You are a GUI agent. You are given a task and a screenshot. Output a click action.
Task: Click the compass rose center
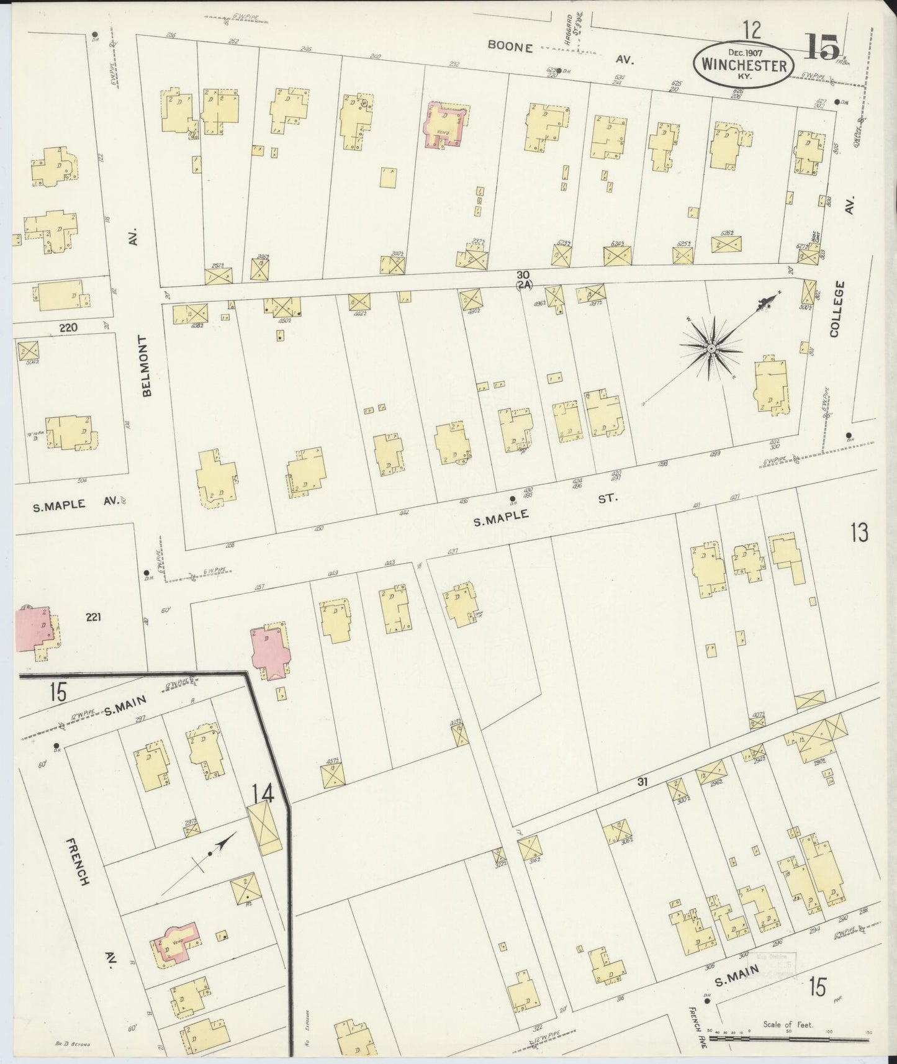[x=710, y=349]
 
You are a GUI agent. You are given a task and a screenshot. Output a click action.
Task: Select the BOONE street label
[x=510, y=46]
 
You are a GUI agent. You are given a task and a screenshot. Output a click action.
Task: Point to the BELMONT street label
[x=146, y=366]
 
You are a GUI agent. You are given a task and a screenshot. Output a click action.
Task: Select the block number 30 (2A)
[x=523, y=279]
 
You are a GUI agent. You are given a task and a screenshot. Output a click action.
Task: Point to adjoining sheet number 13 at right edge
[x=859, y=533]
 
